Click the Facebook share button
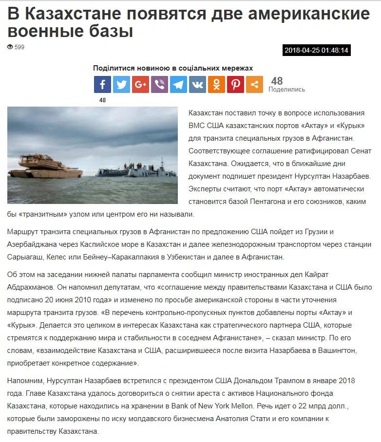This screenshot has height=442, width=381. (x=102, y=85)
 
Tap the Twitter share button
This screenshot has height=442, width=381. (x=121, y=85)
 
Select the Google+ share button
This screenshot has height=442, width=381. (x=140, y=85)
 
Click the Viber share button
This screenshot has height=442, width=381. (x=159, y=85)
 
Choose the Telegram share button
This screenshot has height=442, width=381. (x=178, y=85)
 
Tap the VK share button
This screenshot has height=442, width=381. (x=197, y=85)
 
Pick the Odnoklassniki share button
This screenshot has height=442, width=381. (x=216, y=85)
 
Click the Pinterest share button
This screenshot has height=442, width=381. (x=235, y=85)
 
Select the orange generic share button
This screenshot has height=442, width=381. (x=254, y=85)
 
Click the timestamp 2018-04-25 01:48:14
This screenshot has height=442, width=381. (x=317, y=50)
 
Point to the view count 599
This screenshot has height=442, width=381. (x=19, y=47)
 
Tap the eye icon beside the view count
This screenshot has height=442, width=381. (x=10, y=47)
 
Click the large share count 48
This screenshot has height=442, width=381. (x=277, y=81)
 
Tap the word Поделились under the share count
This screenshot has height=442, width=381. (x=286, y=90)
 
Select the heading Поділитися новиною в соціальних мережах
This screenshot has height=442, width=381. (x=173, y=68)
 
